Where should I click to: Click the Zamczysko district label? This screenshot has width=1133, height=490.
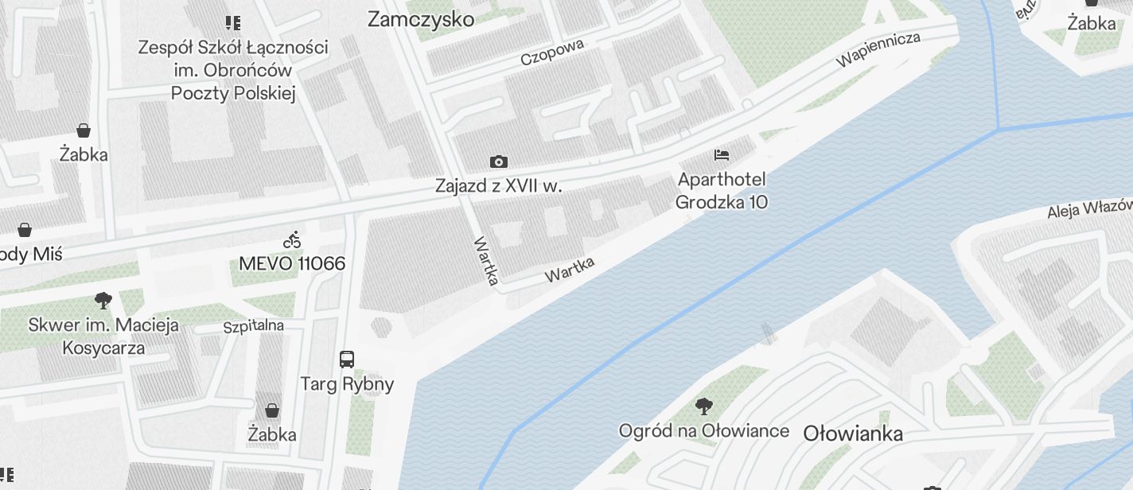click(x=420, y=20)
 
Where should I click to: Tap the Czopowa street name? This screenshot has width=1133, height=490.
click(x=552, y=52)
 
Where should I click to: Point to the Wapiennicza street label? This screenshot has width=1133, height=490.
click(x=878, y=49)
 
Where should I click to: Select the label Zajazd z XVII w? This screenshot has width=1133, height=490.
click(x=498, y=186)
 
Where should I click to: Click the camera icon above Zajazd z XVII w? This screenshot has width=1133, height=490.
click(x=499, y=162)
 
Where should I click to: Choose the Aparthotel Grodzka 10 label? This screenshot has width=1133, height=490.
click(x=722, y=191)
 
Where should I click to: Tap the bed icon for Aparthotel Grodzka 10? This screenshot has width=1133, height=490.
click(x=722, y=154)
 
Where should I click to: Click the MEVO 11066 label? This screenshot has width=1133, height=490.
click(x=292, y=263)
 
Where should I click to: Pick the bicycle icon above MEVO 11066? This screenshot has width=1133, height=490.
click(x=292, y=239)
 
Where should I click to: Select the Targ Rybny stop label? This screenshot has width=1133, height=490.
click(x=347, y=384)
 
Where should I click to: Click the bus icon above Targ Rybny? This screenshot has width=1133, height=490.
click(x=347, y=359)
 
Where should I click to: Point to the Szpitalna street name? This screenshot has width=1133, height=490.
click(x=253, y=326)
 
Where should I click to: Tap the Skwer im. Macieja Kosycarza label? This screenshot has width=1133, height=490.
click(x=103, y=336)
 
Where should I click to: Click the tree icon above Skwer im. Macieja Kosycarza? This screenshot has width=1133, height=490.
click(x=103, y=301)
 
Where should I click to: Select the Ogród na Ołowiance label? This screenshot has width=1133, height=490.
click(x=704, y=431)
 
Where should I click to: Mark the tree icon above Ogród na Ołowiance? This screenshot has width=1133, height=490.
click(x=704, y=407)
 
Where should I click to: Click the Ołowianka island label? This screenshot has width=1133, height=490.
click(x=853, y=434)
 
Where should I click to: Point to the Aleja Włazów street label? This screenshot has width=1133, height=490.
click(x=1088, y=209)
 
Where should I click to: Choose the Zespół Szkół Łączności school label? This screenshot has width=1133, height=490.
click(x=233, y=70)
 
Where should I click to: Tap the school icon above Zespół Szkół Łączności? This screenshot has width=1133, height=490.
click(x=233, y=23)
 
